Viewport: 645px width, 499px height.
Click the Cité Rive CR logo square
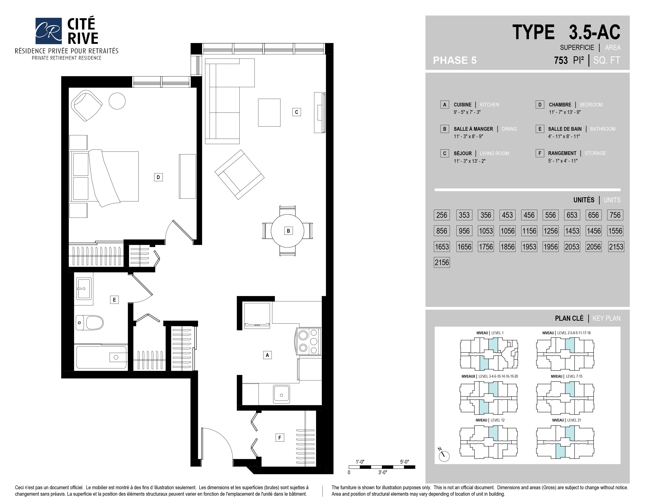[48, 31]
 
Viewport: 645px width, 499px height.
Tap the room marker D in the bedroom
[158, 177]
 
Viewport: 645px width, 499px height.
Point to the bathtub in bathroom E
[101, 357]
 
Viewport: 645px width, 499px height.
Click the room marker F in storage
[280, 438]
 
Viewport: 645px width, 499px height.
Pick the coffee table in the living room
[269, 113]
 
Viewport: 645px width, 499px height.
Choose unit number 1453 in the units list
[572, 231]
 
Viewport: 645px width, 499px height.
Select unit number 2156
[442, 262]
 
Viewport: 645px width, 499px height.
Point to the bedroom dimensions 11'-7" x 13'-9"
[565, 112]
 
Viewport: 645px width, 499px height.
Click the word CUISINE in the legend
[462, 105]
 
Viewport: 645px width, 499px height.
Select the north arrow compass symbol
[444, 455]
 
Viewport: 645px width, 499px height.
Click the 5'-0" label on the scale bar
[405, 462]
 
